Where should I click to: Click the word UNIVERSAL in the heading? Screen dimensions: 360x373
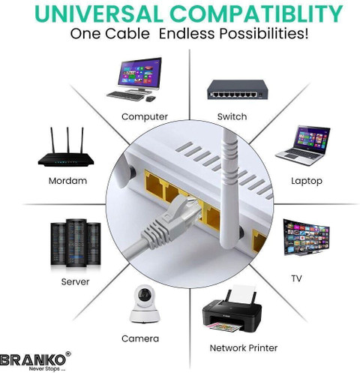click(99, 14)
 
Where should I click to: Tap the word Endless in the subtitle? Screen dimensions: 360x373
click(187, 34)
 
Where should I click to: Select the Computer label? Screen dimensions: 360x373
click(145, 117)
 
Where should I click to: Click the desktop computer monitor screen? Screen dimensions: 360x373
click(139, 72)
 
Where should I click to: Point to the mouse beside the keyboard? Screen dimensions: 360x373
click(151, 98)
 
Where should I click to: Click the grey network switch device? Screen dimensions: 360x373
click(238, 90)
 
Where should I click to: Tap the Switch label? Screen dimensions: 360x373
click(232, 116)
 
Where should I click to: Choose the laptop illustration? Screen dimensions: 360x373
click(303, 146)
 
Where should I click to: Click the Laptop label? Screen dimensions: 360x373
click(307, 181)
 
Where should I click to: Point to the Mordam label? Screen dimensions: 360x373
click(67, 181)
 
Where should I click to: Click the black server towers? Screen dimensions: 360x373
click(76, 242)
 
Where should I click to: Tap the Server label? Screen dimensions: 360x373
click(75, 282)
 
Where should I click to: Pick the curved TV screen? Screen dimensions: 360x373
click(307, 237)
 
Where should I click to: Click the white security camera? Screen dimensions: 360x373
click(145, 304)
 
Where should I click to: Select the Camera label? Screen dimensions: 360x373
click(140, 338)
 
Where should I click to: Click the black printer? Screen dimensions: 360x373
click(232, 311)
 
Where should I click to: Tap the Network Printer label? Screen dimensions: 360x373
click(244, 348)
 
